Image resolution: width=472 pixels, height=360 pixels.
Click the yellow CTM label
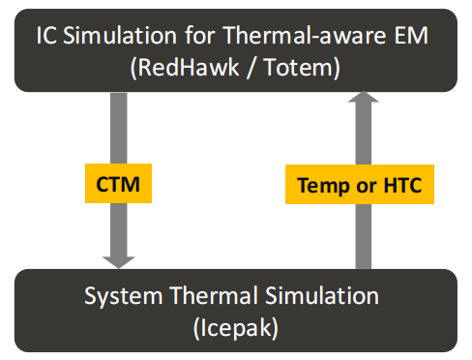(x=118, y=183)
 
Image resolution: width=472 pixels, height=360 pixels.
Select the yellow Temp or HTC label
(x=360, y=184)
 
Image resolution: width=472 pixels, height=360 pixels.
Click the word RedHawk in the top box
(x=189, y=68)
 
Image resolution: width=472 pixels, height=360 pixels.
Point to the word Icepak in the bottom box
(x=235, y=328)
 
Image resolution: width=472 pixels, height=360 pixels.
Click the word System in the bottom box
(x=123, y=296)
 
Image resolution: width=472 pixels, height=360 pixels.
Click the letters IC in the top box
(x=46, y=35)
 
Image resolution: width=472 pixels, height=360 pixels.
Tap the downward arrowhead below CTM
(x=119, y=261)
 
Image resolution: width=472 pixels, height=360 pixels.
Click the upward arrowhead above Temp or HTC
(x=364, y=97)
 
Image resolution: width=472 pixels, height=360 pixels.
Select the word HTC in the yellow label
(x=402, y=185)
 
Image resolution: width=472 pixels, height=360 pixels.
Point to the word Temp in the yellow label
(x=323, y=186)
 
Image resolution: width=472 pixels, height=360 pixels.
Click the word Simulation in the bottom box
(x=322, y=296)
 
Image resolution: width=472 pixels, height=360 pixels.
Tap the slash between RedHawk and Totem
(x=251, y=68)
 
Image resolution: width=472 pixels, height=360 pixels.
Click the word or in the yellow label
(x=367, y=187)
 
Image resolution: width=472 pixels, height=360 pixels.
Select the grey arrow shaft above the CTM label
(x=119, y=128)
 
